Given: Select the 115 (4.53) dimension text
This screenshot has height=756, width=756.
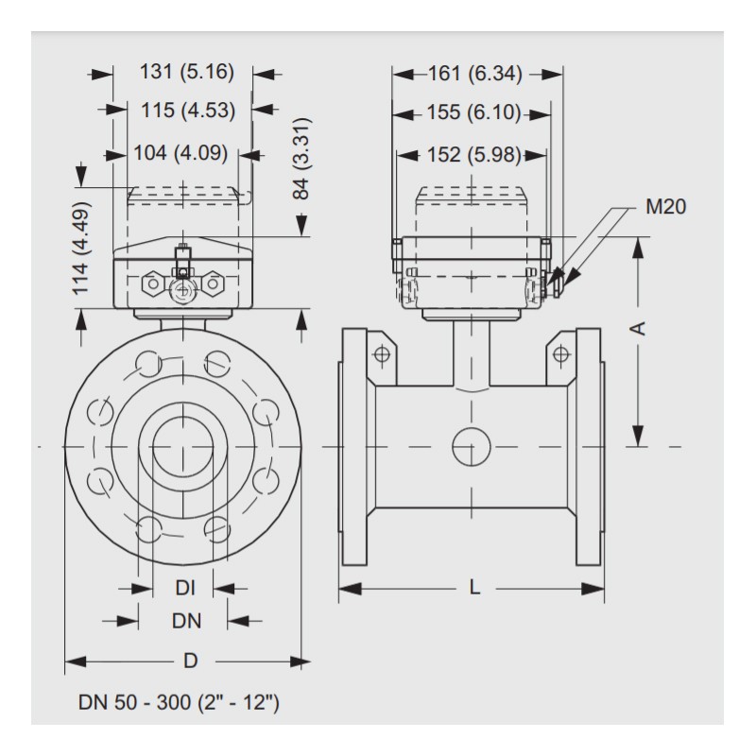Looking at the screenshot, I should (x=186, y=111).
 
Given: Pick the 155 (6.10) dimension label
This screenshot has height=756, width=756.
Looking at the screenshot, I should (x=469, y=112).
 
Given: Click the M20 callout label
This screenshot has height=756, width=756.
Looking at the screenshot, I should (x=664, y=207).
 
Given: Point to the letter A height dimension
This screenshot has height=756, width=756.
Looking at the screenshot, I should (x=639, y=327).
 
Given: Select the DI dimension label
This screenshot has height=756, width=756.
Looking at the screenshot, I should (x=185, y=589).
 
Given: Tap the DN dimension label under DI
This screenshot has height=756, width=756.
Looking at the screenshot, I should (x=185, y=620).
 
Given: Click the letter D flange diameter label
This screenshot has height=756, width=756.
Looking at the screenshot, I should (x=190, y=661).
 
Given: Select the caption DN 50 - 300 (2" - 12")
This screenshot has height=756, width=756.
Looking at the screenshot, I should (x=178, y=704).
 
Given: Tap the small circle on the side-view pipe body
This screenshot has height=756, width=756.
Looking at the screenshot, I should (x=471, y=445).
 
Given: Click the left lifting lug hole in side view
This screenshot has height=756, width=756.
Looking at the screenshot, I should (x=382, y=354).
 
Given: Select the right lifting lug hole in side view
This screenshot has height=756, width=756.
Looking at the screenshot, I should (x=561, y=354).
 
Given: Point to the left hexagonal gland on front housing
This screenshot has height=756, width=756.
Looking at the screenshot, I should (x=150, y=283).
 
